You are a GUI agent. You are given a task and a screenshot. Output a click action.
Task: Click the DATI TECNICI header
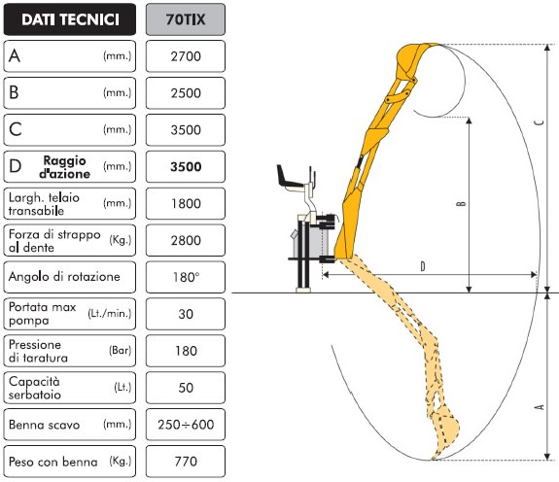tap(70, 19)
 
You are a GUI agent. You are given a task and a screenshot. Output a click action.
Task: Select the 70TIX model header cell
tap(186, 19)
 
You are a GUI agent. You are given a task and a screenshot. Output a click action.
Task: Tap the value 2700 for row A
tap(186, 56)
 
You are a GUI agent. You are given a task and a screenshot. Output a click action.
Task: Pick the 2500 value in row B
tap(186, 93)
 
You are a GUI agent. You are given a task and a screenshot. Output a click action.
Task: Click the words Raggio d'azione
tap(64, 167)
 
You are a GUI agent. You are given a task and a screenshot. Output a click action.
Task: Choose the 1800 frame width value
tap(186, 204)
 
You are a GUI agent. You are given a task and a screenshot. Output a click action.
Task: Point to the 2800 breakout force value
tap(186, 240)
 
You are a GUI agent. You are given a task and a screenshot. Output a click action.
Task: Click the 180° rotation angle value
tap(186, 277)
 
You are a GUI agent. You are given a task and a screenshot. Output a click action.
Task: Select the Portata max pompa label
tap(43, 314)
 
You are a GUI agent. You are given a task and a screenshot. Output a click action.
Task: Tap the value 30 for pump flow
tap(186, 314)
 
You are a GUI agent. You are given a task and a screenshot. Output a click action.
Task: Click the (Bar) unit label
tap(121, 351)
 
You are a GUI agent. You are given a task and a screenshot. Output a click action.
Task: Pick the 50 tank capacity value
tap(186, 388)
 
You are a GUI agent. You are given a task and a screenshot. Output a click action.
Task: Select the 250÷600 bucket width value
tap(186, 425)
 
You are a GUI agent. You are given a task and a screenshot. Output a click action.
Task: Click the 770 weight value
tap(186, 462)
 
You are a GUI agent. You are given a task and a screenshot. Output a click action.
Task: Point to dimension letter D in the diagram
tap(423, 267)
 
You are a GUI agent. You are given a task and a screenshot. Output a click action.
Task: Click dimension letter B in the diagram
tap(461, 203)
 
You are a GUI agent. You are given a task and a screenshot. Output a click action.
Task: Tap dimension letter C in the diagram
tap(540, 122)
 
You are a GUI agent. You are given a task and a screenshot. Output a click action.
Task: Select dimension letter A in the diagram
tap(540, 407)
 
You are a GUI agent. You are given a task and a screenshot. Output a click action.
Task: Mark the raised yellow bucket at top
tap(415, 61)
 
